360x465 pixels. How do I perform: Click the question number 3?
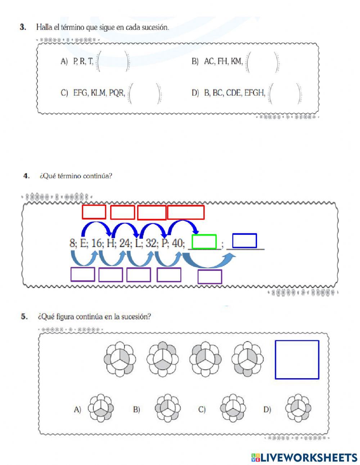[x=23, y=27]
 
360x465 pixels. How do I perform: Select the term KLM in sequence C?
[x=98, y=93]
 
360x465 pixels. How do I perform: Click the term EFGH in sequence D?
[x=255, y=93]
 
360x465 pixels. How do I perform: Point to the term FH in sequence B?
[x=222, y=62]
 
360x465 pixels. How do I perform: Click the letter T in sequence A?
[x=90, y=62]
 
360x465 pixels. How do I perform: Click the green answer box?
[x=204, y=242]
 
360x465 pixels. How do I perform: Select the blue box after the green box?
[x=244, y=241]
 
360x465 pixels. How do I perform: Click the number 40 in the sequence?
[x=177, y=243]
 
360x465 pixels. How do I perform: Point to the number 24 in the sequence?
[x=125, y=243]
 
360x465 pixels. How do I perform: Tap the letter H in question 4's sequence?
[x=111, y=243]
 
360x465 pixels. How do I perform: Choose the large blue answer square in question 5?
[x=297, y=360]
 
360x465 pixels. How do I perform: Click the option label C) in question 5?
[x=202, y=410]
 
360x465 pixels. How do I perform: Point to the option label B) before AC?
[x=195, y=62]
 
